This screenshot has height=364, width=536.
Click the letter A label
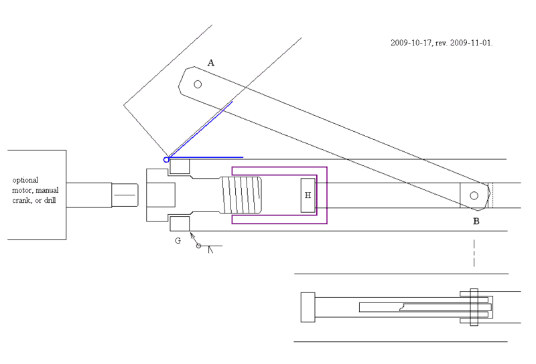211,63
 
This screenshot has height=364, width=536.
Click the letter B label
476,221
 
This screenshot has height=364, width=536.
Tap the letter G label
178,241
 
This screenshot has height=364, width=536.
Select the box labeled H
308,195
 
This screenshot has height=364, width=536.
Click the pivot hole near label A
198,84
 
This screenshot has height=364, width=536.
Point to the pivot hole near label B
474,195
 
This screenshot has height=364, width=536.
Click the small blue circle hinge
166,159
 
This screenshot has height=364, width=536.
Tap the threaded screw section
241,195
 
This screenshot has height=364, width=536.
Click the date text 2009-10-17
411,43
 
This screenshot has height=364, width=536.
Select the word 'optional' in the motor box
25,180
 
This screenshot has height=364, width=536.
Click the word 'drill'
50,200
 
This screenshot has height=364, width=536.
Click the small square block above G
180,223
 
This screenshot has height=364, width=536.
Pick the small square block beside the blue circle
180,167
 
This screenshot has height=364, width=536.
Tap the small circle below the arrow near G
198,246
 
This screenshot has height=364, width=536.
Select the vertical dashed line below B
474,253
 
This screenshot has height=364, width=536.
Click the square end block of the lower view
308,307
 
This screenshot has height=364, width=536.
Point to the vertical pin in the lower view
474,307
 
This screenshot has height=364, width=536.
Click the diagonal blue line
200,130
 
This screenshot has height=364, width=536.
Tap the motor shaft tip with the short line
125,195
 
